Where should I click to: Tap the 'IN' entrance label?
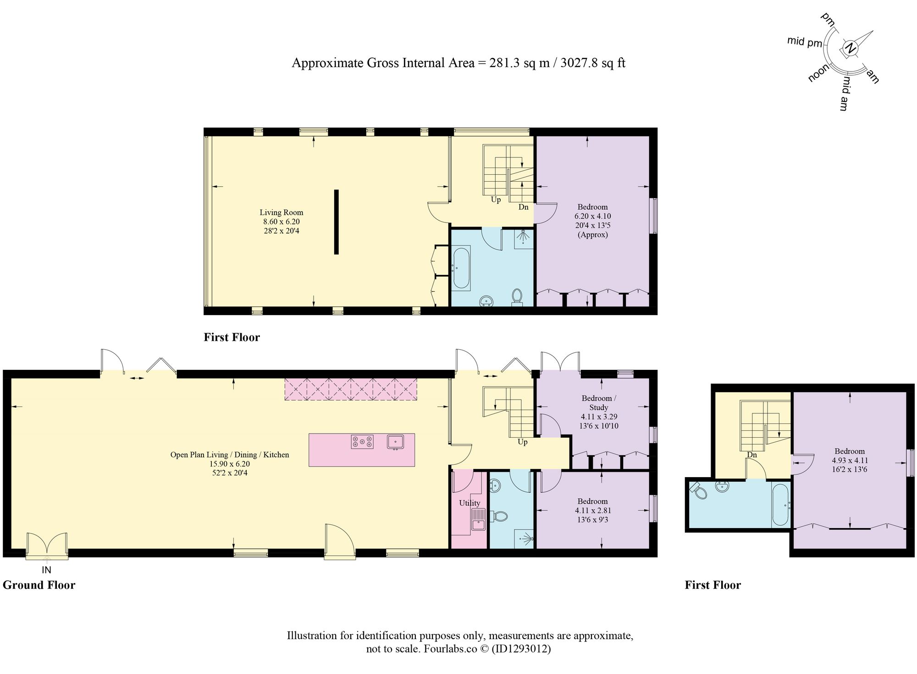coord(46,570)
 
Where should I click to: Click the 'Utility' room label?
coord(470,503)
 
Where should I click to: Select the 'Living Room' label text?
coord(282,212)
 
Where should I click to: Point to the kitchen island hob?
coord(362,442)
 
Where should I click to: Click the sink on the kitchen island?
coord(395,442)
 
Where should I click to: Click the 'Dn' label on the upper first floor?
coord(524,207)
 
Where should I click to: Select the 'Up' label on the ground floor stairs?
coord(522,442)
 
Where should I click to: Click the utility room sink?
coord(478,519)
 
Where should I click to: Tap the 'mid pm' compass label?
coord(805,42)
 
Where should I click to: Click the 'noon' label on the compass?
coord(819,73)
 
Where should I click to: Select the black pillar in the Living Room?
coord(337,222)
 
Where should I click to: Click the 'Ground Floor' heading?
coord(39,585)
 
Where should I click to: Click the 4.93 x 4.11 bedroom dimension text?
coord(850,461)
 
